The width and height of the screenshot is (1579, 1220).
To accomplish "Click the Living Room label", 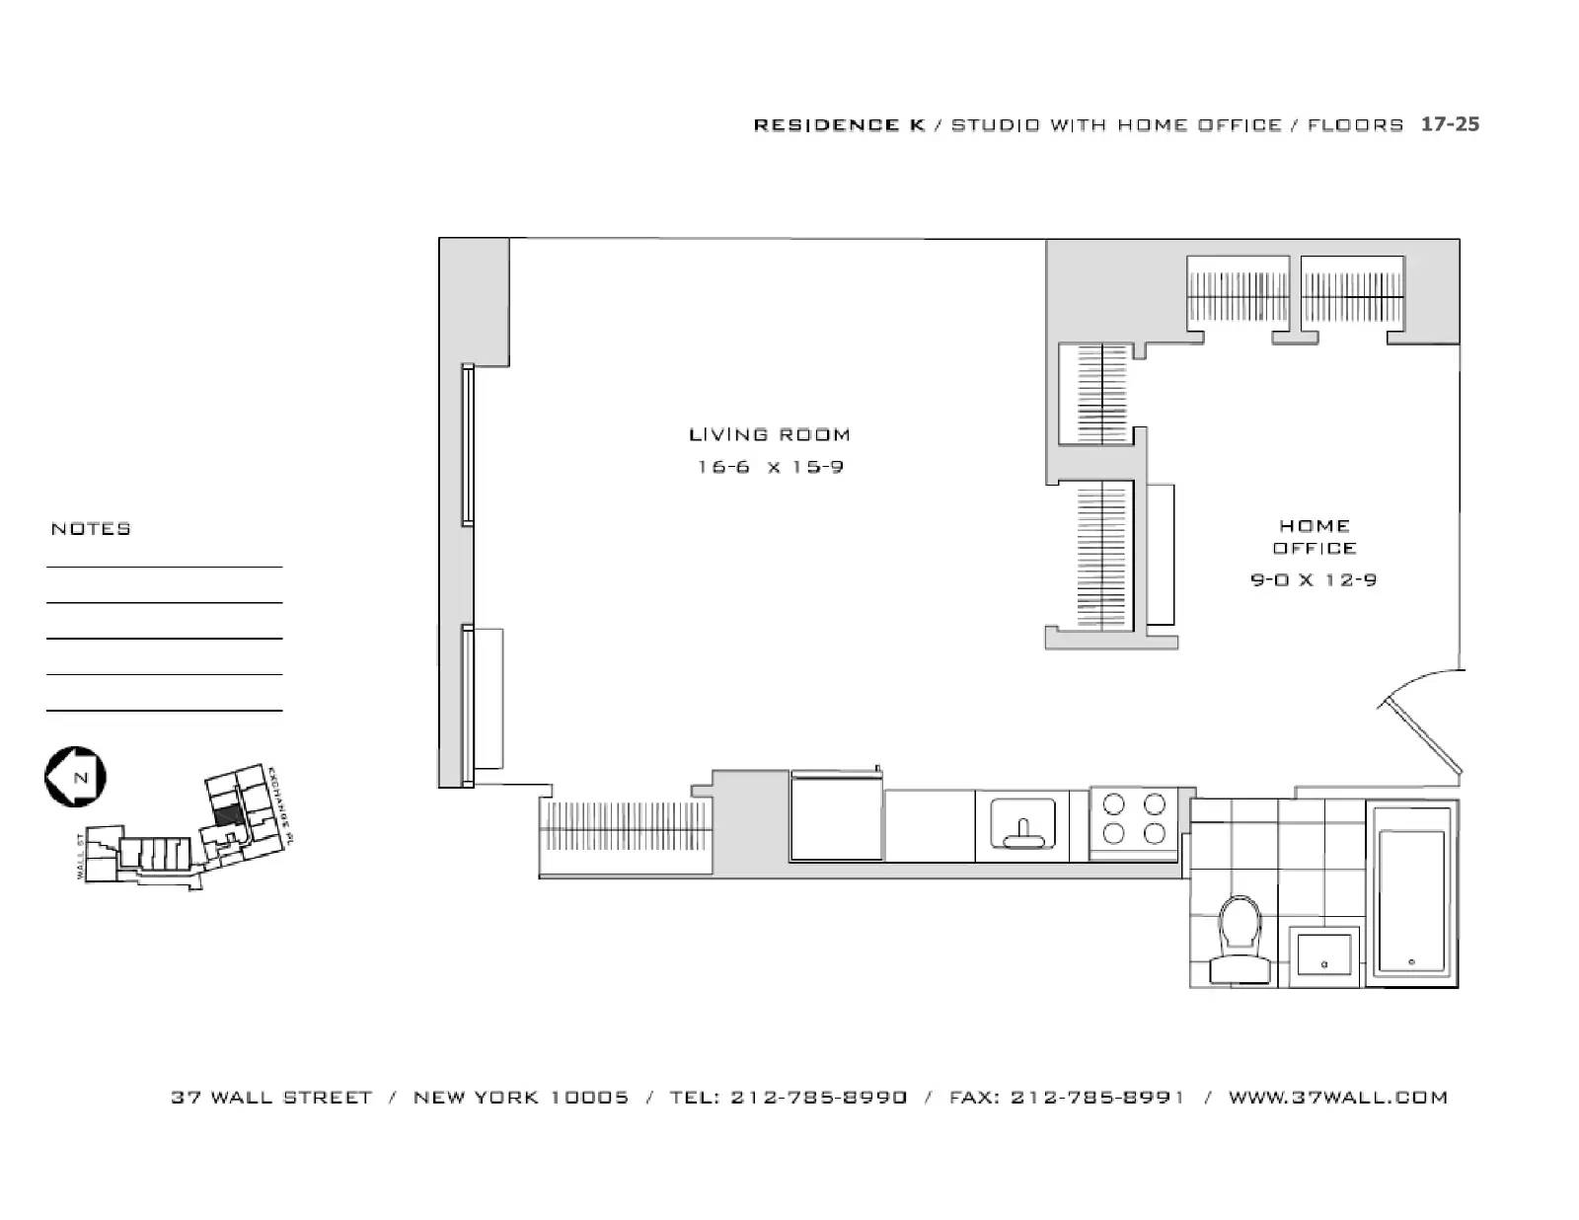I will click(x=769, y=434).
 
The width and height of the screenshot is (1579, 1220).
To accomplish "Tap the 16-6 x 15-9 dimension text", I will click(x=770, y=467).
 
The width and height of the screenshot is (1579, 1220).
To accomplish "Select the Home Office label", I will click(x=1314, y=537).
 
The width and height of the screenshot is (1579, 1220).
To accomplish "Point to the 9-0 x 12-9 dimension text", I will click(x=1314, y=580).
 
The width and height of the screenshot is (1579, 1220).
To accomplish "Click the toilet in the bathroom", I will click(x=1241, y=939).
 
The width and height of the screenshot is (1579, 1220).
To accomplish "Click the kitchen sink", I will click(x=1022, y=825).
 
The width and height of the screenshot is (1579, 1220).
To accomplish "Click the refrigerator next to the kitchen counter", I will click(x=836, y=818).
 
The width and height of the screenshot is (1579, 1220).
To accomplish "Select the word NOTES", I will click(x=91, y=529).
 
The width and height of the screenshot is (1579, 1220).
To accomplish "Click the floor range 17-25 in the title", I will click(x=1449, y=124).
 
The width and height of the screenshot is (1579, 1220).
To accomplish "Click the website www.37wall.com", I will click(x=1337, y=1098).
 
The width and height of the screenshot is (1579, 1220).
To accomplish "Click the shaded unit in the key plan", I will click(x=227, y=815).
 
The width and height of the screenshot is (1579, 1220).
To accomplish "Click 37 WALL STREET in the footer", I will click(x=271, y=1098).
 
